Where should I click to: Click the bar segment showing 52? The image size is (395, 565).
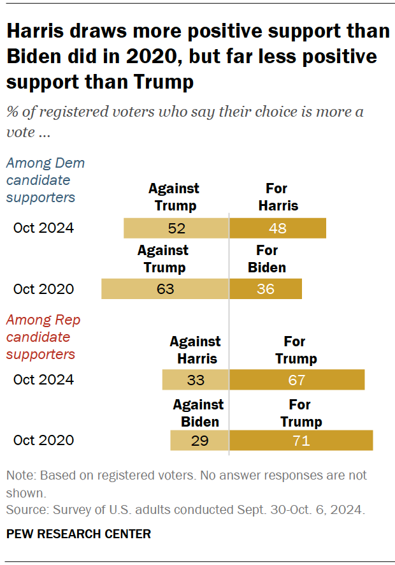[176, 228]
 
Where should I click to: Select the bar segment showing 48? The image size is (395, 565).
[278, 228]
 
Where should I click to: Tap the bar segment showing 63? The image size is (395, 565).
[165, 289]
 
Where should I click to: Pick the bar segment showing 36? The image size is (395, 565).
[266, 289]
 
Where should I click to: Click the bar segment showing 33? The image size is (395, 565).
[196, 380]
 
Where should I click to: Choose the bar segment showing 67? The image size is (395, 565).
[297, 380]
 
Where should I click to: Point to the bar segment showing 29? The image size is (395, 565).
[199, 441]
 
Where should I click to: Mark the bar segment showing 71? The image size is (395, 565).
[301, 441]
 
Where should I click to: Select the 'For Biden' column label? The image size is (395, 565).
[267, 258]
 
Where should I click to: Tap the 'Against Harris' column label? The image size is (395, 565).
[196, 349]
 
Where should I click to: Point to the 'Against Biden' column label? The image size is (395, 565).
[199, 413]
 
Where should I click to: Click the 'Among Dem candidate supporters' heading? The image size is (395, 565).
[45, 180]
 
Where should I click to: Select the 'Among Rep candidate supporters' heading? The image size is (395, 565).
[43, 337]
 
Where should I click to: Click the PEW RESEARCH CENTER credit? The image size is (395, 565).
[78, 534]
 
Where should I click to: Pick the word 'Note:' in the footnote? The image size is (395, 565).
[21, 476]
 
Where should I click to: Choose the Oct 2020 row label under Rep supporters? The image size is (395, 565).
[43, 441]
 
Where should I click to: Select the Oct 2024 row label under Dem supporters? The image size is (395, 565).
[43, 228]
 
